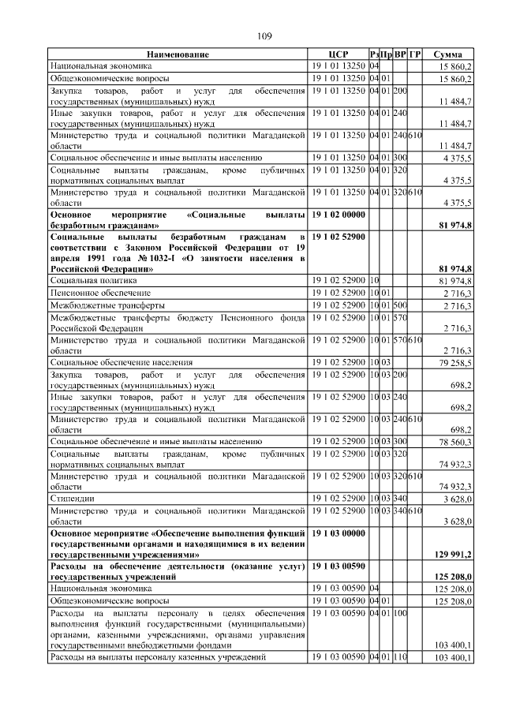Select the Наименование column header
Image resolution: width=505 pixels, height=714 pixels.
coord(178,54)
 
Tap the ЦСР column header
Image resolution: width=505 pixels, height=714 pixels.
coord(338,54)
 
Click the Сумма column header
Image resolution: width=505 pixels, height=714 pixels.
coord(447,54)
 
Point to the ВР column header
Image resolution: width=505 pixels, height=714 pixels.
coord(400,54)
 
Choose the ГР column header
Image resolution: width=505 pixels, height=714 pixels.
coord(415,54)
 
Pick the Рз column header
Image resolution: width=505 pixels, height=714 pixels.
coord(374,54)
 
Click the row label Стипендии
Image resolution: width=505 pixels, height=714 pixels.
coord(69,498)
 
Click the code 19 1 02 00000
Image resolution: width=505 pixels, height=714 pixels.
coord(339,215)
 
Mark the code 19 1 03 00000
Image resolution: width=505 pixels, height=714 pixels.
coord(339,534)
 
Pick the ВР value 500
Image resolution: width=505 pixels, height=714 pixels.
coord(400,305)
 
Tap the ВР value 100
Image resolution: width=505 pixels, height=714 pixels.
coord(400,612)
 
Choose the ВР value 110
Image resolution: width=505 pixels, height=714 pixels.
coord(400,657)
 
